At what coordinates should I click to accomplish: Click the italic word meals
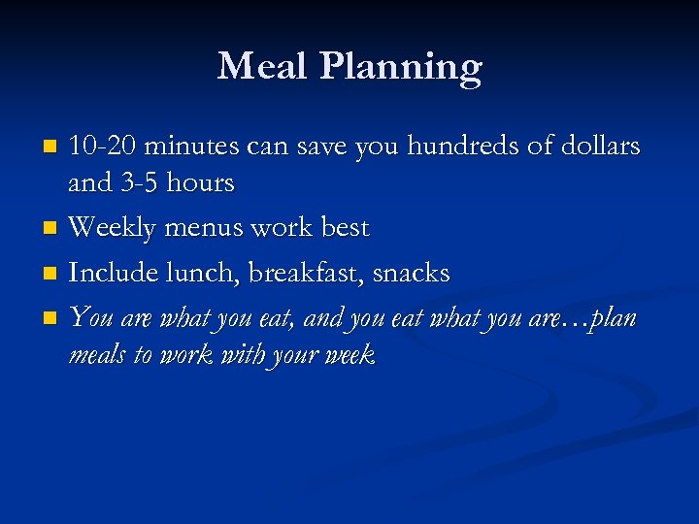point(97,355)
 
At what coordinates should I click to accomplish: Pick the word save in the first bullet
point(322,147)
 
